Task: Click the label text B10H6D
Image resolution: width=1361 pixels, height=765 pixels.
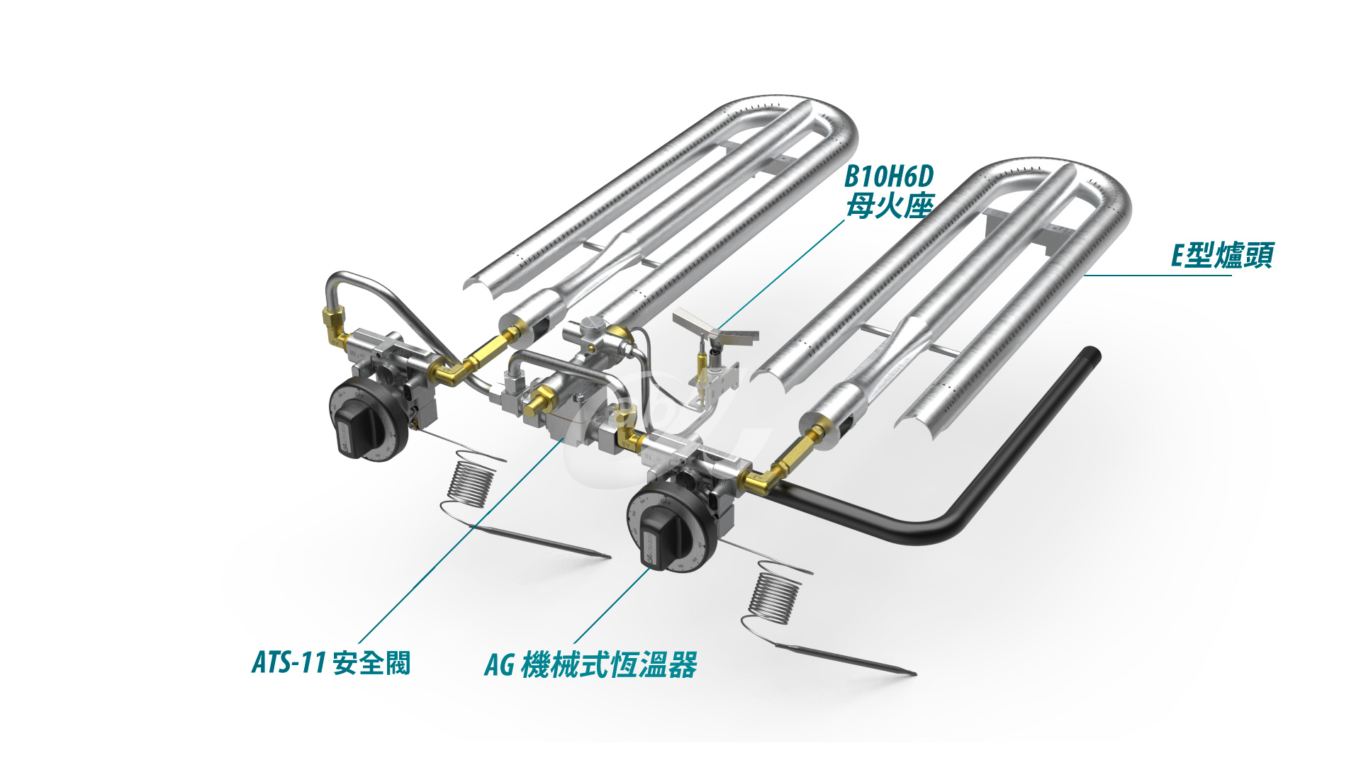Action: (x=889, y=176)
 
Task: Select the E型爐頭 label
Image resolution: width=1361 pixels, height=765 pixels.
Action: (x=1222, y=256)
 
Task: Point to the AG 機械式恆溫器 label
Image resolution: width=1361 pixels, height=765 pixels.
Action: (x=590, y=664)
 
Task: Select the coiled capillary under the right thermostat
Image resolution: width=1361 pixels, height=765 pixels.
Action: (x=775, y=598)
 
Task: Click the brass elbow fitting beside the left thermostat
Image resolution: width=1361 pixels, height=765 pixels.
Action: (x=450, y=372)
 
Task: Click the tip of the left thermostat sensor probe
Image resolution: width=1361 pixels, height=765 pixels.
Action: (x=609, y=557)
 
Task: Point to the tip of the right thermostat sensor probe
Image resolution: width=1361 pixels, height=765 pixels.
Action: (x=915, y=674)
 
